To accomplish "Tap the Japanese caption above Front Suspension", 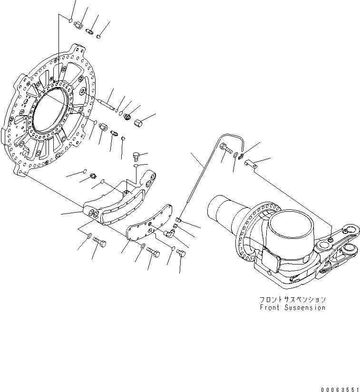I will (x=292, y=300).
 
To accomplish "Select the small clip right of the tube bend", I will (x=251, y=165).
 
